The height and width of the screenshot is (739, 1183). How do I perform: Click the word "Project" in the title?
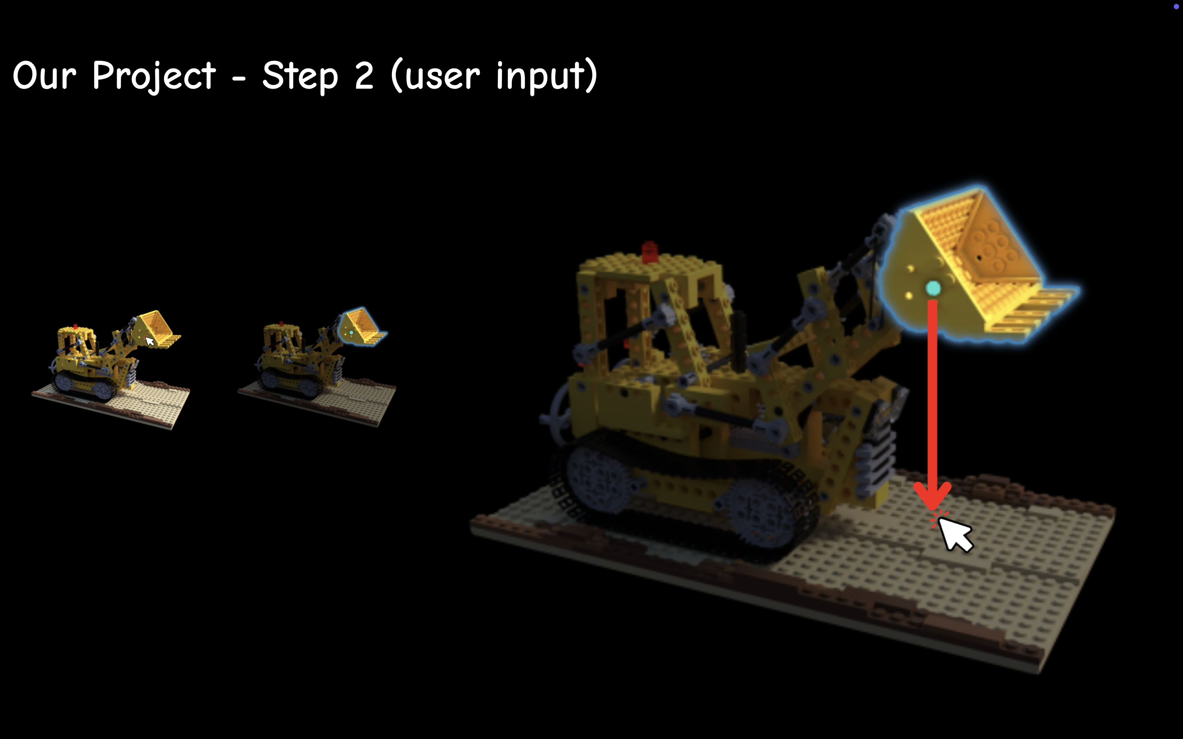point(154,76)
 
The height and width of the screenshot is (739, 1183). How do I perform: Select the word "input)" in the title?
point(547,76)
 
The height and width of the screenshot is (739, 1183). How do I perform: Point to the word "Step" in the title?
point(300,76)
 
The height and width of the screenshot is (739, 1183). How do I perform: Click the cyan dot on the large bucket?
point(933,288)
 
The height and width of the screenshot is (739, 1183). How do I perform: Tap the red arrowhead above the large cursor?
point(932,495)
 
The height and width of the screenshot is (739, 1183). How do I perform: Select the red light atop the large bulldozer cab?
point(649,252)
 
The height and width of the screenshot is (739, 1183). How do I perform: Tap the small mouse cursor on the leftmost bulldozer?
point(150,341)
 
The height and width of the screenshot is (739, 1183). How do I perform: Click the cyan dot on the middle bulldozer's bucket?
point(352,333)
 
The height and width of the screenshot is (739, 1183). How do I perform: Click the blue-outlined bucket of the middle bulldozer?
point(362,326)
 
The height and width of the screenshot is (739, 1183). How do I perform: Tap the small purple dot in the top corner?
point(1176,6)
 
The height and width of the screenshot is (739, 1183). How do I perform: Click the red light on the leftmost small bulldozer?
point(75,326)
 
